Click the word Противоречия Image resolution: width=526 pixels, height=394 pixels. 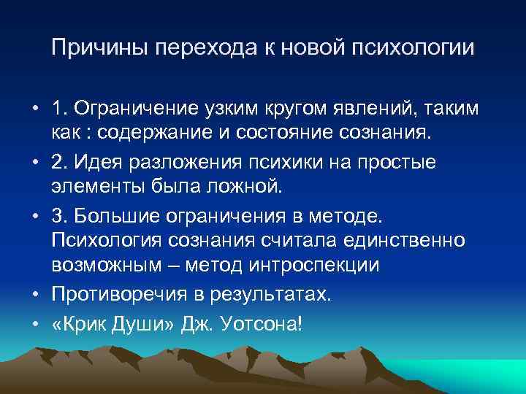pos(122,293)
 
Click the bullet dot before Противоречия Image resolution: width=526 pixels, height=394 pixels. pos(35,293)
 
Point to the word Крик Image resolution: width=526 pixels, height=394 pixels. pos(84,322)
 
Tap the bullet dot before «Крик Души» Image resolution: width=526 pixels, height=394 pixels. pos(35,322)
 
